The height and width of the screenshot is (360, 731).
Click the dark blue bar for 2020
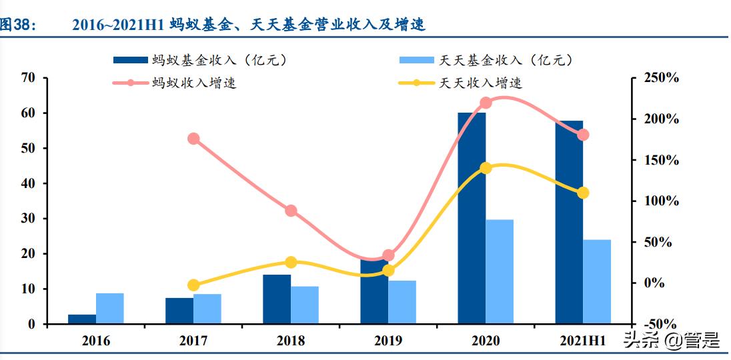[471, 220]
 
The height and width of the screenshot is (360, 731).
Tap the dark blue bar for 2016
[82, 319]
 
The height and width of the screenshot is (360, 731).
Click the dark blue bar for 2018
[277, 299]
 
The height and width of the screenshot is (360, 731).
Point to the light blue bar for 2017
[207, 309]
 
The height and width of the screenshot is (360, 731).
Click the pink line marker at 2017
[193, 139]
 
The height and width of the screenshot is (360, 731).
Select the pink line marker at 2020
[486, 103]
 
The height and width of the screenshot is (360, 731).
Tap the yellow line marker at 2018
[291, 263]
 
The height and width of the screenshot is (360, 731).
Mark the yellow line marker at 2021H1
[583, 193]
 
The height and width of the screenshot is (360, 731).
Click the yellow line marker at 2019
[388, 271]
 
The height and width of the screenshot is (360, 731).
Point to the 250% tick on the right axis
[661, 79]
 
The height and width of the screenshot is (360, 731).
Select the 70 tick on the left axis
[28, 78]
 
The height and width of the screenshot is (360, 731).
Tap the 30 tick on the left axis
[28, 219]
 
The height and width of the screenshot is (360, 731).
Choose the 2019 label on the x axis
[388, 341]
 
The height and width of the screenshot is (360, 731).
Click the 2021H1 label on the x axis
[582, 341]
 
